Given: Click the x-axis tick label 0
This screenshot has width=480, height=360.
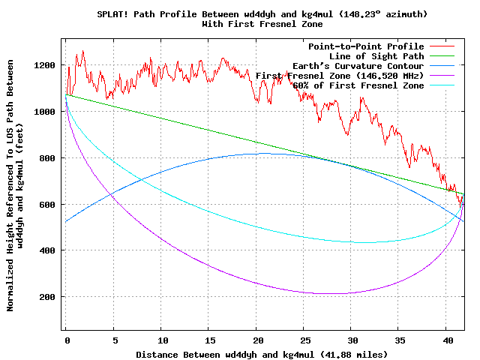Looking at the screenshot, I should point(67,340).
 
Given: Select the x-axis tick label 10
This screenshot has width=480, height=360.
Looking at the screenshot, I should point(162,340).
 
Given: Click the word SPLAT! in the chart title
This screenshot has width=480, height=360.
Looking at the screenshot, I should point(112,14).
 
